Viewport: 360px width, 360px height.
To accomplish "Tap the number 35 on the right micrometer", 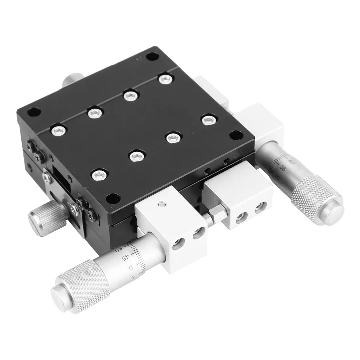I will point(283,168).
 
